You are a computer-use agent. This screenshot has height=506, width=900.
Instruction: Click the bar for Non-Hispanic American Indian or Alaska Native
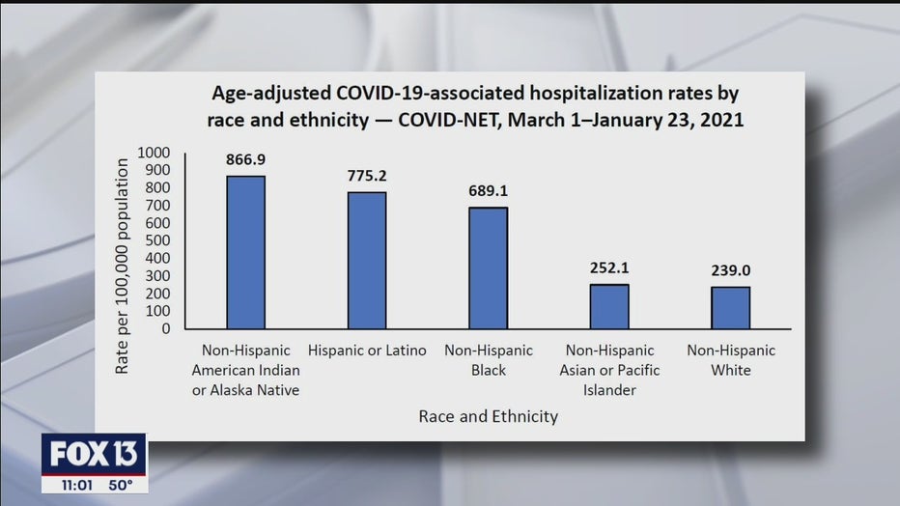coord(245,252)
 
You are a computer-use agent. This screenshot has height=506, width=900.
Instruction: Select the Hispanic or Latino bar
coord(367,261)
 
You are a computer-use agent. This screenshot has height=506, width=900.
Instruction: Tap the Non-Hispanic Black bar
coord(488,267)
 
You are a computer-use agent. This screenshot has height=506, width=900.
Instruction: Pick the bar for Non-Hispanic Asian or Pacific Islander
coord(609,306)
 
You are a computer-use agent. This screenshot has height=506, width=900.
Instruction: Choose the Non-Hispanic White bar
coord(731,307)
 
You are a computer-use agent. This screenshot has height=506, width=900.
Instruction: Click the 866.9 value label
coord(245,159)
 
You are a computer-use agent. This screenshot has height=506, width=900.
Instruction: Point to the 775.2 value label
coord(367,176)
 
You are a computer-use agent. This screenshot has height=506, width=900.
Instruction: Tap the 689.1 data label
coord(488,191)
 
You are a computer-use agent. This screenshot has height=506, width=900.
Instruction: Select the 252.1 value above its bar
coord(609,267)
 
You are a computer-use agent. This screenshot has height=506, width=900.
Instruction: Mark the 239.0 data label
coord(731,270)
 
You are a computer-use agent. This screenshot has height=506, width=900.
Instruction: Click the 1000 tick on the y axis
coord(154,153)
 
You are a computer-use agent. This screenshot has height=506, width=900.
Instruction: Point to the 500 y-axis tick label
coord(157,240)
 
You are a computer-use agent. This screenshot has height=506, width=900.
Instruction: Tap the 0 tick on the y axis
coord(166,328)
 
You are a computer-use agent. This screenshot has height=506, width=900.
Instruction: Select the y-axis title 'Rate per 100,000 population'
coord(122,267)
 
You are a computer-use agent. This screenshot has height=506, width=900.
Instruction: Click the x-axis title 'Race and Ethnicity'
coord(489,416)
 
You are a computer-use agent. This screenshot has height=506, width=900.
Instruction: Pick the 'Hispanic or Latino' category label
coord(367,350)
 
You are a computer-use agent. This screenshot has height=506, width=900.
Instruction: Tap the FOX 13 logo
coord(94,455)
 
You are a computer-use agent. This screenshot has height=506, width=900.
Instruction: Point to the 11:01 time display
coord(77,486)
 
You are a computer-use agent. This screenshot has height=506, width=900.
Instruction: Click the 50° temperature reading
coord(121,486)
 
